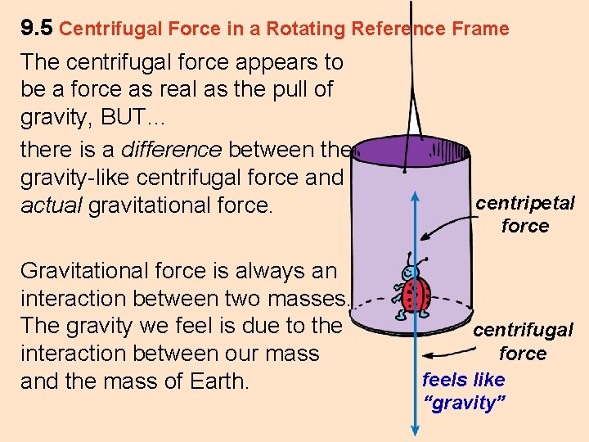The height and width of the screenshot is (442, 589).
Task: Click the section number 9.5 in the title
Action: (x=37, y=29)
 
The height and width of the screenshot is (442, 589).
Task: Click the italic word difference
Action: (x=172, y=150)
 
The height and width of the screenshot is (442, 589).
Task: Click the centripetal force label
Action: (x=525, y=214)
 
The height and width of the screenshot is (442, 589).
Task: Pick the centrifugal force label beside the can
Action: (x=523, y=341)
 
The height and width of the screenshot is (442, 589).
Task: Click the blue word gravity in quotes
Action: (x=465, y=403)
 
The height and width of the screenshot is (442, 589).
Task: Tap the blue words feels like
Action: (x=463, y=380)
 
